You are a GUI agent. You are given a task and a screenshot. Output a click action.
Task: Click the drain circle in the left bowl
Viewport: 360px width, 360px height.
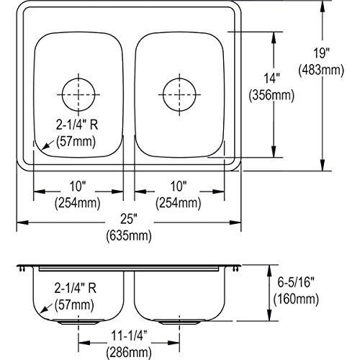point(62,94)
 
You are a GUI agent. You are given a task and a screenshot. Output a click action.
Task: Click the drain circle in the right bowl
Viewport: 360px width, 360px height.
point(163,94)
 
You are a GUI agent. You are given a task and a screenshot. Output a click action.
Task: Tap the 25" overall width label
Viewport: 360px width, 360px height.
point(129,219)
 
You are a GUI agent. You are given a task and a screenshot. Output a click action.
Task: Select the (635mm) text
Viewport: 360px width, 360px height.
point(129,235)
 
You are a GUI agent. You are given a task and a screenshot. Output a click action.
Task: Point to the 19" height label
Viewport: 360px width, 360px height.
point(322,53)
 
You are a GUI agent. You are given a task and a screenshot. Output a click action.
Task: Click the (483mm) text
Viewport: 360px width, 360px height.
point(321,71)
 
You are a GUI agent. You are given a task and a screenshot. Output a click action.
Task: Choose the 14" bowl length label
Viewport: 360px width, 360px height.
point(272,78)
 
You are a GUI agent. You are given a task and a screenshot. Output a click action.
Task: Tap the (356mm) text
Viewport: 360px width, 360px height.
point(271,96)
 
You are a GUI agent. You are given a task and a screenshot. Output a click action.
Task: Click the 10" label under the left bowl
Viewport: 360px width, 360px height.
point(78,186)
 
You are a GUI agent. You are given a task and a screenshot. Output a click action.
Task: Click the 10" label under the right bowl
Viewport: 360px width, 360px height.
point(179,186)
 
